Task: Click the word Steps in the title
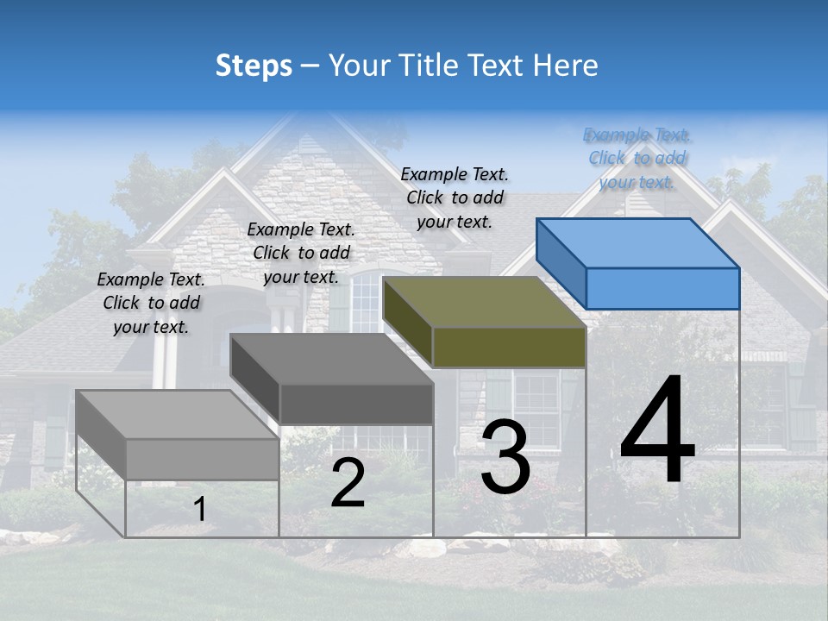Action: pos(254,66)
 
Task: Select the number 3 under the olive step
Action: pos(505,458)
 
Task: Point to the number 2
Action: pos(348,484)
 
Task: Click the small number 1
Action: pos(199,510)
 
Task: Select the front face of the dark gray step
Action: pos(356,404)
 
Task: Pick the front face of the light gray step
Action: pos(202,459)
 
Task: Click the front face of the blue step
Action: pos(662,288)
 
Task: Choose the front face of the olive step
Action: pos(509,347)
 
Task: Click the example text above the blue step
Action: pos(637,159)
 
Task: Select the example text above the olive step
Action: pos(455,198)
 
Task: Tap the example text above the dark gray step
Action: pos(301,253)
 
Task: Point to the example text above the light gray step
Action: pos(151,304)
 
